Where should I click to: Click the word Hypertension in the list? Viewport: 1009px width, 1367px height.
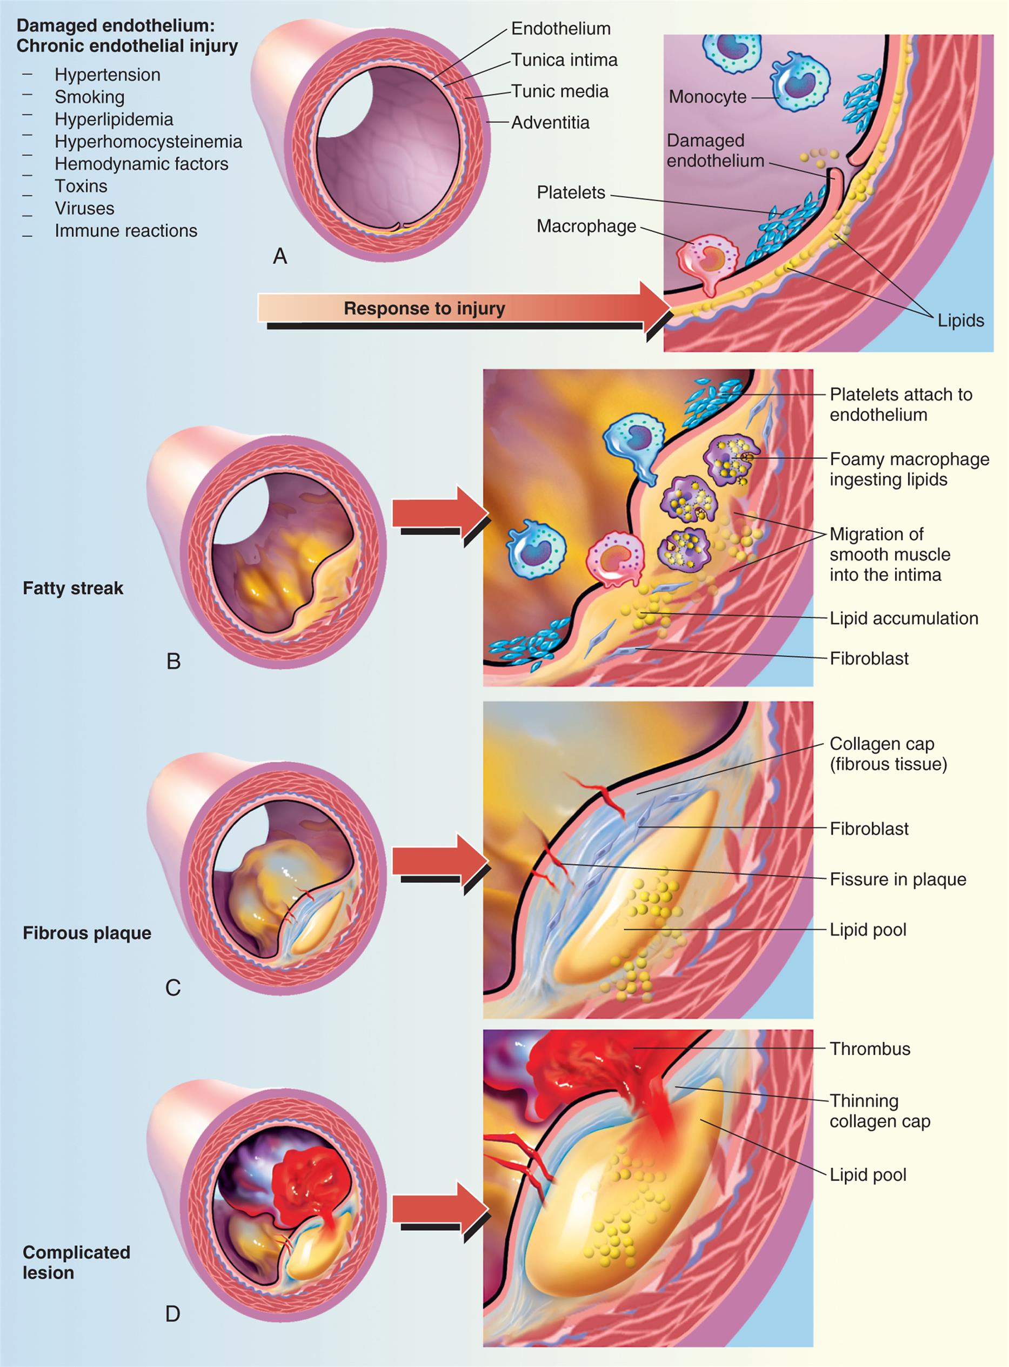point(108,75)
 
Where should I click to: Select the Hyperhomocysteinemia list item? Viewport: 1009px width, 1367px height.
point(149,142)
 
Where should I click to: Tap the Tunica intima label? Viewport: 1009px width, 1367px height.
point(564,60)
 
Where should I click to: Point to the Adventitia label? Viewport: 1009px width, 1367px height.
point(550,123)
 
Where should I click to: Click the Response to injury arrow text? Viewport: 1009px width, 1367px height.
point(424,309)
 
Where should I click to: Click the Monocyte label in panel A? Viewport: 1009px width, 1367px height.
point(707,97)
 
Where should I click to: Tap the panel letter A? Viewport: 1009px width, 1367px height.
point(280,256)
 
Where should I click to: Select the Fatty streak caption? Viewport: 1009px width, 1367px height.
point(72,588)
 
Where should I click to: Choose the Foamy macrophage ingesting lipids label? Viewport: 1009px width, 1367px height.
point(908,469)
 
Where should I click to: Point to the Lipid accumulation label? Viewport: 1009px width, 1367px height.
point(903,618)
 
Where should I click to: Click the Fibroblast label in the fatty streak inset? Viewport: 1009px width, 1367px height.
point(868,658)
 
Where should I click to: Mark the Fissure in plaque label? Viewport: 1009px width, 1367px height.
point(897,879)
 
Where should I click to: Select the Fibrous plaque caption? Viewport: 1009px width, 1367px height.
point(86,933)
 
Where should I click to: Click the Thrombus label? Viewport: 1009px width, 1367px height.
point(869,1049)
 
